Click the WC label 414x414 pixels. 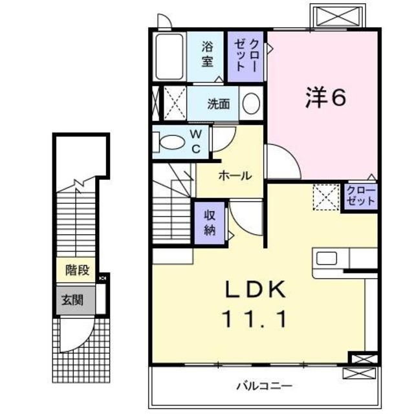pyautogui.click(x=197, y=142)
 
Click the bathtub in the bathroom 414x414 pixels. pyautogui.click(x=170, y=57)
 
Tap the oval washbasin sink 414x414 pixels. pyautogui.click(x=252, y=103)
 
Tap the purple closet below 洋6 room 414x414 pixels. pyautogui.click(x=360, y=196)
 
